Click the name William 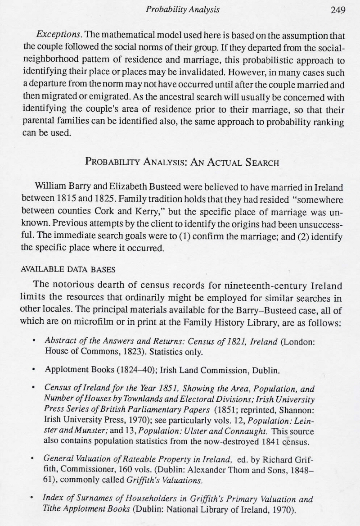50,187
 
